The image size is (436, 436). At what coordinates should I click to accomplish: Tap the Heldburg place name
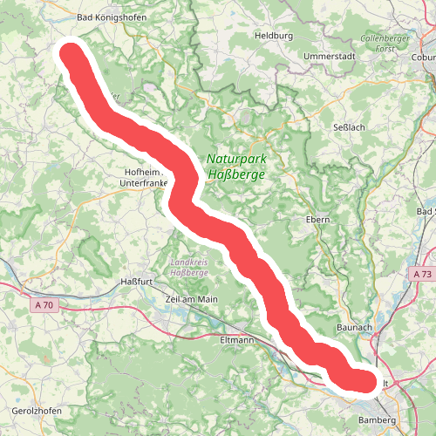tap(272, 36)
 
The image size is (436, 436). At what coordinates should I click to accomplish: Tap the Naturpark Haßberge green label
tap(236, 167)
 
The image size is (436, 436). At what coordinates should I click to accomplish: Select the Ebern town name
tap(317, 220)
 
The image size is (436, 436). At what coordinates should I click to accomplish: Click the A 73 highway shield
tap(422, 274)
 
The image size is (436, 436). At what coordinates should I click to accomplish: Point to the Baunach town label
tap(355, 327)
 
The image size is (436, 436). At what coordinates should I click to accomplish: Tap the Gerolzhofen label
tap(32, 410)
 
